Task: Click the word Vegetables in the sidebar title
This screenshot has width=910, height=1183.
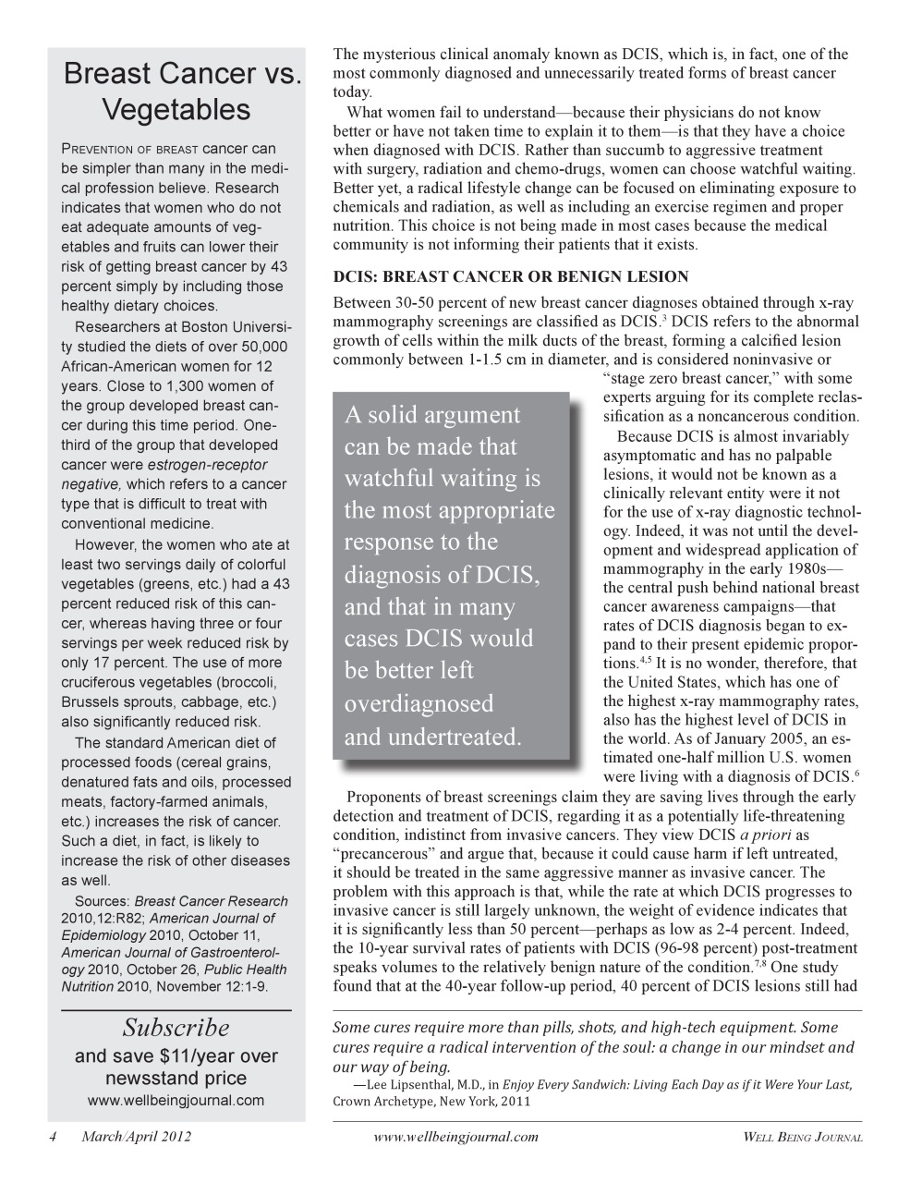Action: tap(176, 109)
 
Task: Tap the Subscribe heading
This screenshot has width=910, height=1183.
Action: tap(176, 1028)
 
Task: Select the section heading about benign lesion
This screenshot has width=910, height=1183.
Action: tap(511, 276)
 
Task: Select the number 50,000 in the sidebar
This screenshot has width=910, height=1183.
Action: tap(256, 347)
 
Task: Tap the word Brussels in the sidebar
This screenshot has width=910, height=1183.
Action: tap(91, 702)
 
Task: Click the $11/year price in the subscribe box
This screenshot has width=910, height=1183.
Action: tap(189, 1055)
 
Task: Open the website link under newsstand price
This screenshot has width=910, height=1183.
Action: tap(176, 1100)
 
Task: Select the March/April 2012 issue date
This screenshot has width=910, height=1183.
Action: tap(136, 1137)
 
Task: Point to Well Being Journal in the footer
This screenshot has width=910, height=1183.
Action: tap(803, 1138)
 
